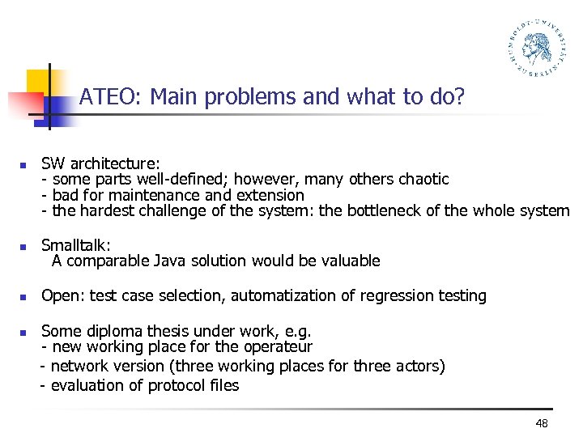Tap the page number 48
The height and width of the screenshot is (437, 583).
tap(542, 425)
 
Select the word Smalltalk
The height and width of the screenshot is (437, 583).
tap(75, 244)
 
